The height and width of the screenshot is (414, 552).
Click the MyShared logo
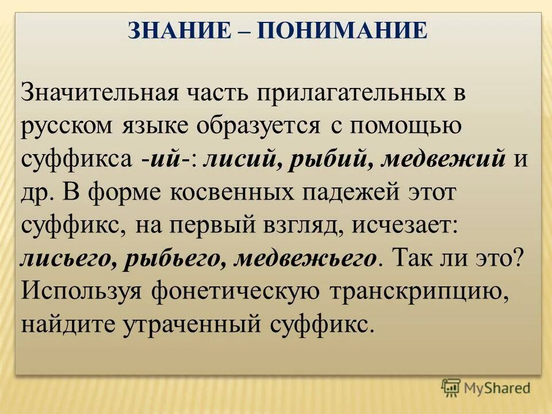(x=486, y=387)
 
